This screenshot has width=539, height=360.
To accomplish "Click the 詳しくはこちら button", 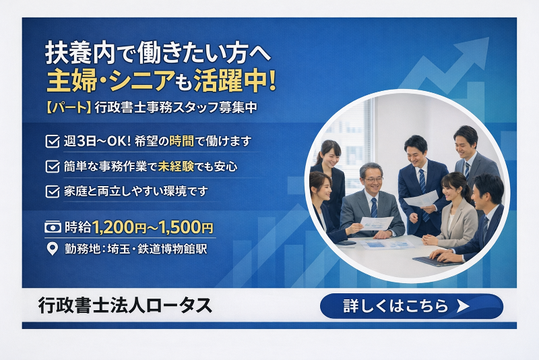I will click(411, 306).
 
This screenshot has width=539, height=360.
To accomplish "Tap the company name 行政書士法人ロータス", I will click(125, 305).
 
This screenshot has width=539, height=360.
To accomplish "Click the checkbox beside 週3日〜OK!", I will click(51, 142).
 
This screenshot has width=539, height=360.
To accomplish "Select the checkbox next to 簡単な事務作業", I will click(51, 166).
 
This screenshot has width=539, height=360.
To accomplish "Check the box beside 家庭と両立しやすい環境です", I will click(51, 191).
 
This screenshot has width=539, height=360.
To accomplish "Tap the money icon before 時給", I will click(52, 227).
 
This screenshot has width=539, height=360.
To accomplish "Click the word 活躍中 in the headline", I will click(232, 80).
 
